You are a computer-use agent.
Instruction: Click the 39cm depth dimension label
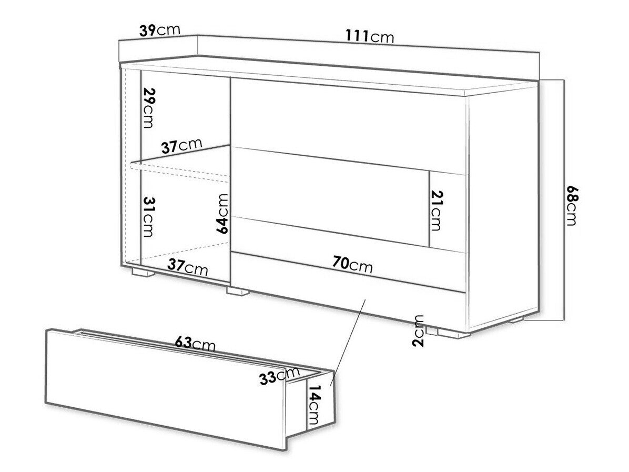click(160, 31)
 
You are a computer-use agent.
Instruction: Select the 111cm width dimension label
click(370, 36)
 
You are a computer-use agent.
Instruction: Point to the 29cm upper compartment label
click(148, 108)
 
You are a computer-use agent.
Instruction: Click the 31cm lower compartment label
click(148, 217)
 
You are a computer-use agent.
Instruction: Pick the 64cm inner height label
click(222, 213)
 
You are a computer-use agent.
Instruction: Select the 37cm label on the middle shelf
click(182, 146)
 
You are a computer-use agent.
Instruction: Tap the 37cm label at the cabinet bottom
click(187, 266)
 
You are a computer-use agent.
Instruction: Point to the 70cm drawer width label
click(352, 264)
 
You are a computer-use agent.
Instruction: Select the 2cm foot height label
click(419, 331)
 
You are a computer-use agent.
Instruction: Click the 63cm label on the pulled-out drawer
click(195, 344)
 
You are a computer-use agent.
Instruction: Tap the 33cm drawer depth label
click(280, 376)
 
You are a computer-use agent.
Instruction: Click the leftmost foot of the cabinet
click(143, 273)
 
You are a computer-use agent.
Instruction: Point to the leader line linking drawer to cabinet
click(348, 342)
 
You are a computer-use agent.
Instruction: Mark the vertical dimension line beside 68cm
click(564, 200)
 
